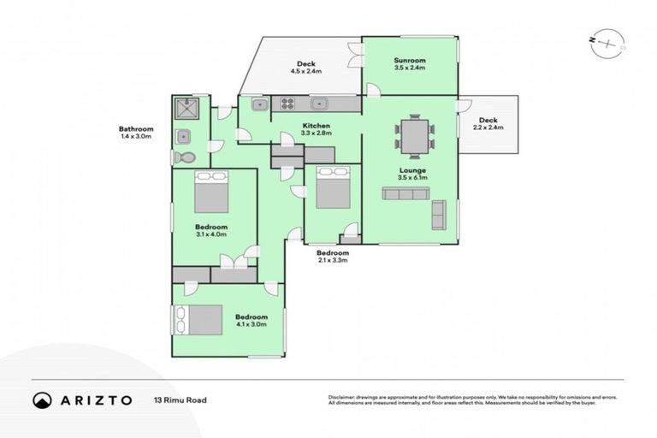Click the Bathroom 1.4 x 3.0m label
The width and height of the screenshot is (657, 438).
(x=135, y=133)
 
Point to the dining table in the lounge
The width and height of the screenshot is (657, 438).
(x=414, y=137)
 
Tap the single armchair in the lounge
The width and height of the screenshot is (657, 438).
(x=438, y=215)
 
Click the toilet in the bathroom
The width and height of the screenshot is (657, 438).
(x=184, y=157)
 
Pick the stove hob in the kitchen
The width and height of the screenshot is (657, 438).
(x=287, y=104)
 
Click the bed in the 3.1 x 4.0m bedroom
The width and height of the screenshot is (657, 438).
(x=211, y=192)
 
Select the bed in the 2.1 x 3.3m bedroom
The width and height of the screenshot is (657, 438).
(x=332, y=187)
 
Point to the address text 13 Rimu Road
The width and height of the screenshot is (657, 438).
(x=181, y=400)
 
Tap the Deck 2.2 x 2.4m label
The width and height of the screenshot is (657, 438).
(x=488, y=123)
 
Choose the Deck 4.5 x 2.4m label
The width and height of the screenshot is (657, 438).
(x=306, y=68)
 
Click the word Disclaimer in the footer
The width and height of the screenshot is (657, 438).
(x=342, y=398)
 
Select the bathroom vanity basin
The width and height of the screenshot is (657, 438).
(x=182, y=135)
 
